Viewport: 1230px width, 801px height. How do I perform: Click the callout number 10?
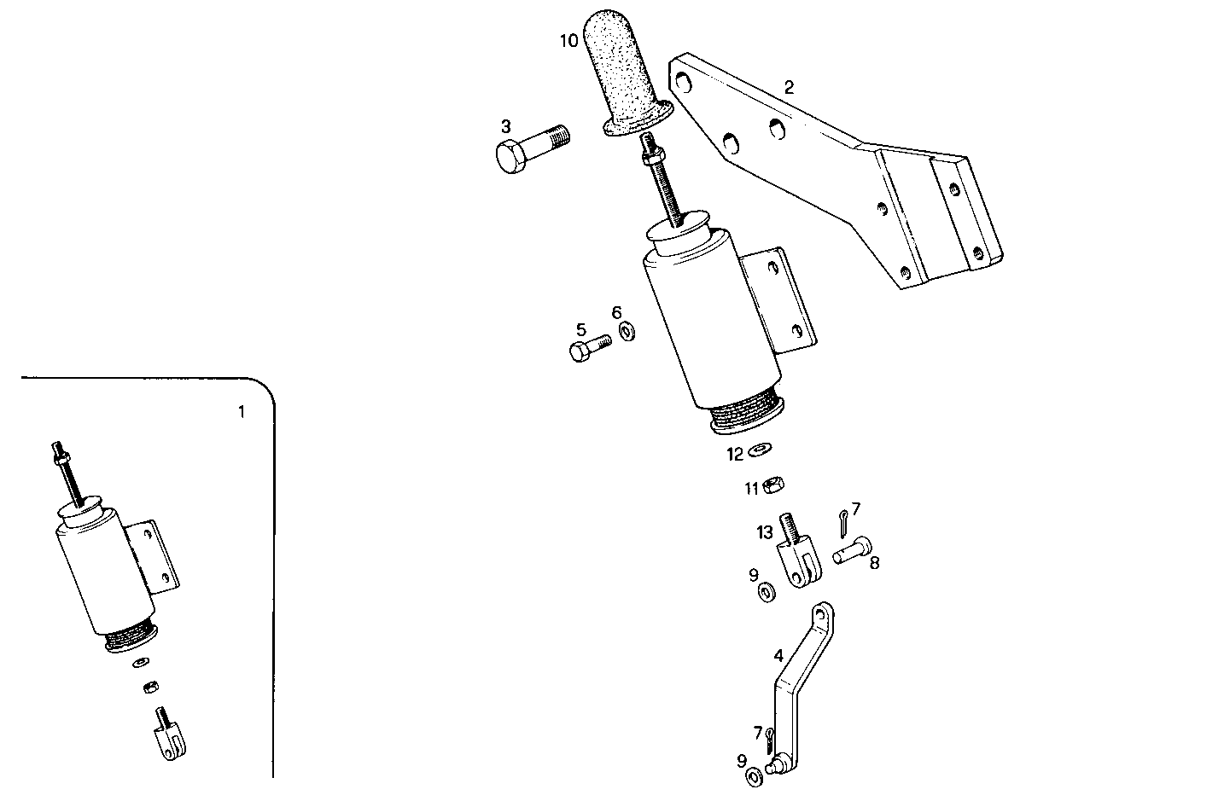[569, 40]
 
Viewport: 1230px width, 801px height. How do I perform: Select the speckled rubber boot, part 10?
[620, 77]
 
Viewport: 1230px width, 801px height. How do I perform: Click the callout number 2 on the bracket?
[790, 86]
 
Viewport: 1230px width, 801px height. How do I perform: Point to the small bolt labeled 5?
[589, 347]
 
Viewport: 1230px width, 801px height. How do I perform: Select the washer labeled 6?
[627, 329]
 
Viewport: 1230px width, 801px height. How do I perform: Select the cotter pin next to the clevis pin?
[842, 523]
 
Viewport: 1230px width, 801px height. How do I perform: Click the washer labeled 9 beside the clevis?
[766, 590]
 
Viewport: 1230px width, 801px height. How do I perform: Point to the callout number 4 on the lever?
[778, 655]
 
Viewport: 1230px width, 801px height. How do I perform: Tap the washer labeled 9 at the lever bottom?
[755, 775]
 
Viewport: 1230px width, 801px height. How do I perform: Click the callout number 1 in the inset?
[241, 412]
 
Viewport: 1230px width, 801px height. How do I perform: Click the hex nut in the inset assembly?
[149, 687]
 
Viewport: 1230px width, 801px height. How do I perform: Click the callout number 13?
[764, 532]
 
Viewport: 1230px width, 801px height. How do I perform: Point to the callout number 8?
[874, 563]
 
